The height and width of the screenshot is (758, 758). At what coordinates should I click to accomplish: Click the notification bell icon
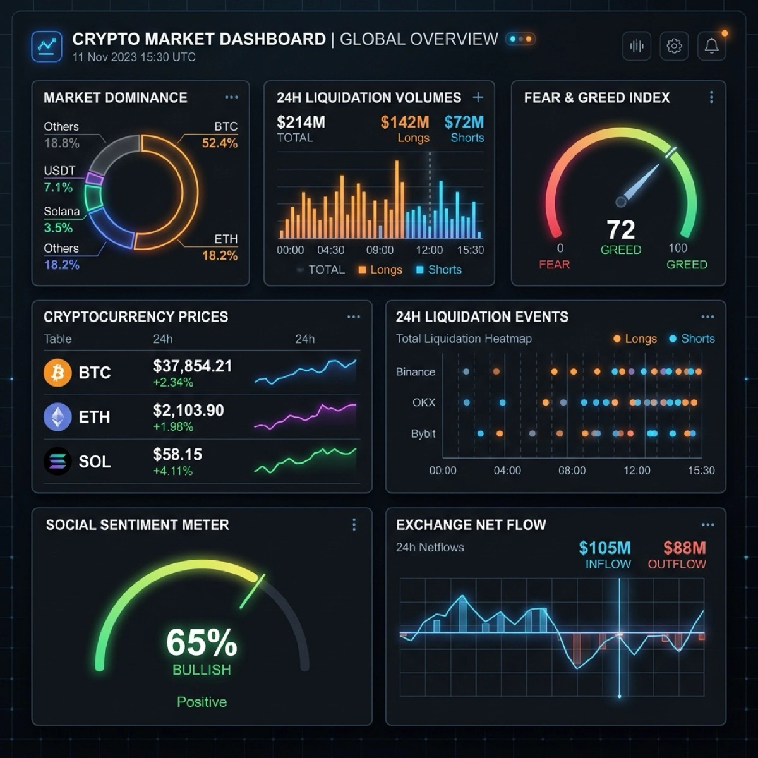point(711,46)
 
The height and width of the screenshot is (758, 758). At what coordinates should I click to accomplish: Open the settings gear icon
point(674,46)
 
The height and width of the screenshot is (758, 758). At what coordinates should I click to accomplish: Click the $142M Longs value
point(405,122)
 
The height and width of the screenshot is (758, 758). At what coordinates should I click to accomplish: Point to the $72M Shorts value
point(464,122)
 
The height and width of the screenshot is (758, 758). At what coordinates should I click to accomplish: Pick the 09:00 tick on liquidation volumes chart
point(380,250)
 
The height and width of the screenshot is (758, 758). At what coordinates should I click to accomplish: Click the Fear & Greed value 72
point(620,229)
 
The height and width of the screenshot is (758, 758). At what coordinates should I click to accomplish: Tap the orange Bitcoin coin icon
point(57,373)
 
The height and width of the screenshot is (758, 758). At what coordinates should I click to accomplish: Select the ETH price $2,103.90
point(188,411)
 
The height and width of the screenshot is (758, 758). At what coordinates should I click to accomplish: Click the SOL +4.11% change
point(172,471)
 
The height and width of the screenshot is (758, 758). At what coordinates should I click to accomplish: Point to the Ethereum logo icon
point(57,417)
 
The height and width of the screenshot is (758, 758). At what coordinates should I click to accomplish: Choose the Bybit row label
point(423,434)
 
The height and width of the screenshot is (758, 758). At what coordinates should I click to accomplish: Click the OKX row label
point(424,402)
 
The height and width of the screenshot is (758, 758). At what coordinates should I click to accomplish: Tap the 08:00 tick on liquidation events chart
point(572,471)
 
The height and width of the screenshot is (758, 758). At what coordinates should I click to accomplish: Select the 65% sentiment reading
point(202,642)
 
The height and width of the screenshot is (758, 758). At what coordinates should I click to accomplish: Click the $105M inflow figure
point(605,548)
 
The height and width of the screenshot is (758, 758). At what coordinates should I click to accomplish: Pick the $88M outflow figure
point(684,548)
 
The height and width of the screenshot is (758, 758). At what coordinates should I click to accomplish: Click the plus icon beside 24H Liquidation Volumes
point(478,97)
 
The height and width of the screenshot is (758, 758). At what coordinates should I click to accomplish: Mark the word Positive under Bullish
point(202,702)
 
